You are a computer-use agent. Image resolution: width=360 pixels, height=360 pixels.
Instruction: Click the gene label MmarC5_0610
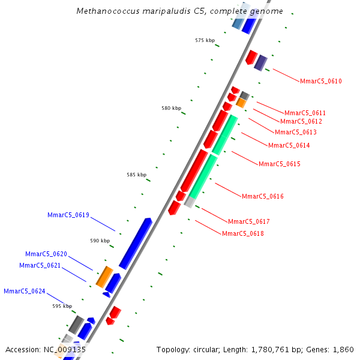tap(321, 82)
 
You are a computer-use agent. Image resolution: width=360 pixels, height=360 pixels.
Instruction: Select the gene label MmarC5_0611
tap(305, 113)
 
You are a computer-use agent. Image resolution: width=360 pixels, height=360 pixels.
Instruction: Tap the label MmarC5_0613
tap(295, 132)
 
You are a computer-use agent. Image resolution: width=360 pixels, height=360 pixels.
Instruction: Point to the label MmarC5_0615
tap(279, 164)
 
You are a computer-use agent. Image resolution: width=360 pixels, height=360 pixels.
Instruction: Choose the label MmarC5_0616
tap(262, 196)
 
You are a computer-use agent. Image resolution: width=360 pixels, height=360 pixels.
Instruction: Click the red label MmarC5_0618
tap(242, 233)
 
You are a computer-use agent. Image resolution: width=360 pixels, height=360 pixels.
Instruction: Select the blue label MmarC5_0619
tap(68, 215)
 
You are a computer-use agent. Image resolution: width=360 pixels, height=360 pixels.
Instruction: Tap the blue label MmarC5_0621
tap(40, 265)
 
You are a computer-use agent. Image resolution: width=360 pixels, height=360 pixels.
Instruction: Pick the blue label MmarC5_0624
tap(24, 291)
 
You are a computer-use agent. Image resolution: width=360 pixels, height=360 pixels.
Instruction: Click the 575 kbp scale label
tap(205, 40)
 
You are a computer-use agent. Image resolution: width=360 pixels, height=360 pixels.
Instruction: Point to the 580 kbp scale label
tap(171, 108)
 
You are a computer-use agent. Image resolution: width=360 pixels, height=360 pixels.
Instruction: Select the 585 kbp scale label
tap(136, 175)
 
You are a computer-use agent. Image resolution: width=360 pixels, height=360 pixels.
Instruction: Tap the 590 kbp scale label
tap(100, 241)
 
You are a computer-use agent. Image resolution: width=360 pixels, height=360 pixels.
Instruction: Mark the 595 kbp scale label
tap(62, 306)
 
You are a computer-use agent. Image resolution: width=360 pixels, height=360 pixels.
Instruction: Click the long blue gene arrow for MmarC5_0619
tap(136, 244)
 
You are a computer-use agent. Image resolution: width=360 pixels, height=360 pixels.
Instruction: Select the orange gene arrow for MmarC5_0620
tap(104, 277)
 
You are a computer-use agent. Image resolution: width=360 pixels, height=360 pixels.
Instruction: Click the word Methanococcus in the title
tap(104, 11)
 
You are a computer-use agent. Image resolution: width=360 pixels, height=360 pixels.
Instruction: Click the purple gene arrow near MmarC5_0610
tap(260, 62)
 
